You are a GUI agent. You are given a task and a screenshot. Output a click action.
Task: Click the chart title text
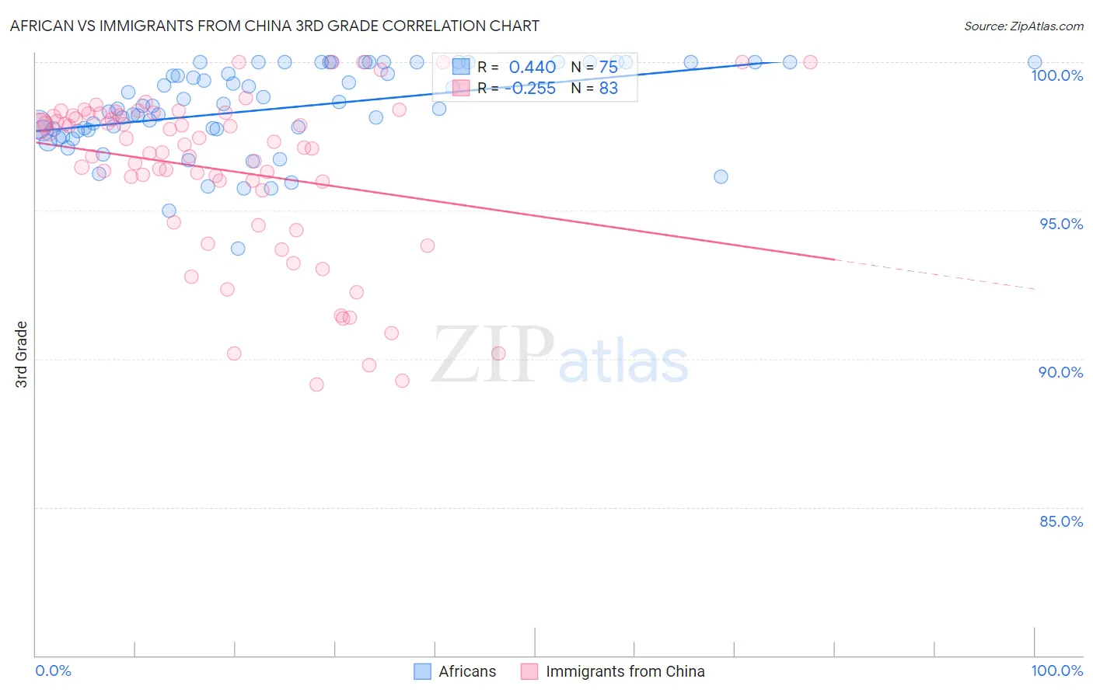click(274, 26)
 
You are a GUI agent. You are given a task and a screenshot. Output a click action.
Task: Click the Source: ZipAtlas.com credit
click(1023, 26)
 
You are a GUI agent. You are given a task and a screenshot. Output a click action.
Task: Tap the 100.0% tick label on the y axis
click(1056, 75)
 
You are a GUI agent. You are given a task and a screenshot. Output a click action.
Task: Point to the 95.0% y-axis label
click(1061, 224)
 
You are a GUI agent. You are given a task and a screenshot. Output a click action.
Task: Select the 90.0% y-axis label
click(1061, 372)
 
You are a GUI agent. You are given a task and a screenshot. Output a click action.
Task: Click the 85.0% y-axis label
click(1061, 521)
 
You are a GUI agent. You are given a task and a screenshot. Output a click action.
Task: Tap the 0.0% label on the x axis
click(53, 670)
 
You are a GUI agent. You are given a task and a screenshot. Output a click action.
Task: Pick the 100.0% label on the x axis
click(1056, 670)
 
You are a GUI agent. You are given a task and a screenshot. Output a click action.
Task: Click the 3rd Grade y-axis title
click(22, 354)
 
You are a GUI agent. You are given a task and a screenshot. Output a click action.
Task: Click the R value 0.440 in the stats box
click(532, 68)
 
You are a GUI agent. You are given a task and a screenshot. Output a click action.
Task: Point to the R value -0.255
click(529, 89)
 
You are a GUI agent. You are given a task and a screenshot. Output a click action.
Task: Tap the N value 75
click(608, 68)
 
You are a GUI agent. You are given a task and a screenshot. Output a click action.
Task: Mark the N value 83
click(608, 89)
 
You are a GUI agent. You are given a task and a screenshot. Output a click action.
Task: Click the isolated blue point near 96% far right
click(721, 176)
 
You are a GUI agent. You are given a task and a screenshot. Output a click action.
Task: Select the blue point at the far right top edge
click(1034, 62)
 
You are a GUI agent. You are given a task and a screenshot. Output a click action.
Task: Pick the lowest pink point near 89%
click(316, 385)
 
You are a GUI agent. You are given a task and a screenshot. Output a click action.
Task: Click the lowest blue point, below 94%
click(238, 249)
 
